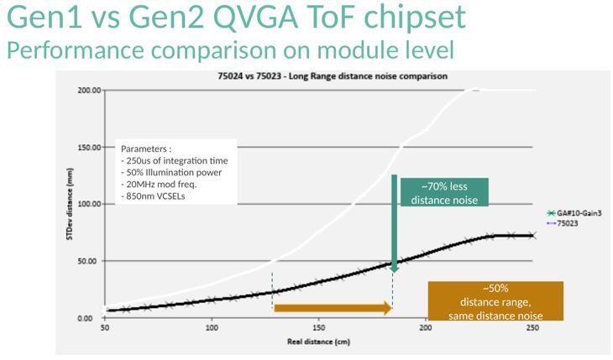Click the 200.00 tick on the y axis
pos(89,90)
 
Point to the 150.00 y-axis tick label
pos(89,147)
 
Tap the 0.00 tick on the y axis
pos(92,318)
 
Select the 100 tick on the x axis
pos(212,328)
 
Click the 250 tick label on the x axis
pos(532,328)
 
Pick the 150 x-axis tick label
pos(318,328)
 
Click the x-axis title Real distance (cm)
pos(318,342)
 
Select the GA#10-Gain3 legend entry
pos(580,214)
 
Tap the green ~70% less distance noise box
pos(444,193)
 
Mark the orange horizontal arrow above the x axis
pos(333,309)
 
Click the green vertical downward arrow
pos(394,222)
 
